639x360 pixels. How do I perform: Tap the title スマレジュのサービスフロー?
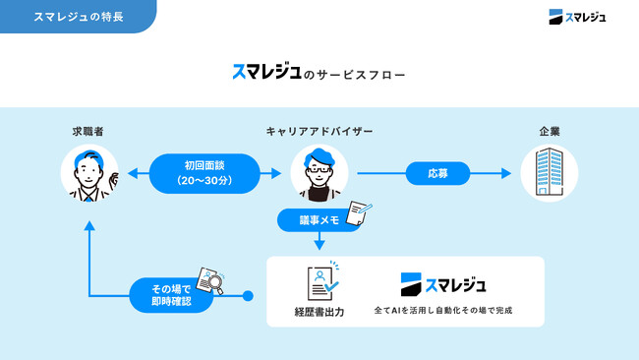319,73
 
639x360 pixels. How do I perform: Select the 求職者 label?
87,131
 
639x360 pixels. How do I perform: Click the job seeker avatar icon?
89,174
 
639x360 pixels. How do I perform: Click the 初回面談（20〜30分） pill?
204,174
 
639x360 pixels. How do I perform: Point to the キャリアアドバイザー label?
319,131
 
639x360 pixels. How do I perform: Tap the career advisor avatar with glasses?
319,174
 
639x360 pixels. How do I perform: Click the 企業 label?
550,131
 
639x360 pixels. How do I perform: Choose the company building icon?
549,174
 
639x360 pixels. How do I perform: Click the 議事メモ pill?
319,221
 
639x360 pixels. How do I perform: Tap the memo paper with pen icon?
360,212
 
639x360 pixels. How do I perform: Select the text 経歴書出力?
319,311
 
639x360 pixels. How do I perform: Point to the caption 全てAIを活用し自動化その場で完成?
443,311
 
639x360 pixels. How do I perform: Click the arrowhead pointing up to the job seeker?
89,224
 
